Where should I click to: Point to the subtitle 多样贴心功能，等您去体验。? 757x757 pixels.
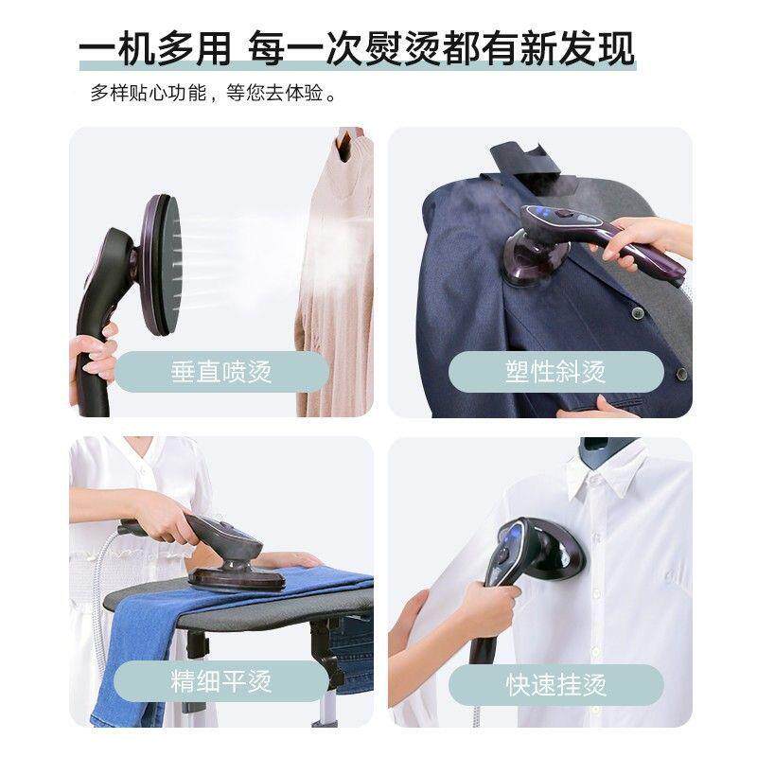(x=214, y=95)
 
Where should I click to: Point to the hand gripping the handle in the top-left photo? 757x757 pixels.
(x=95, y=358)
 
